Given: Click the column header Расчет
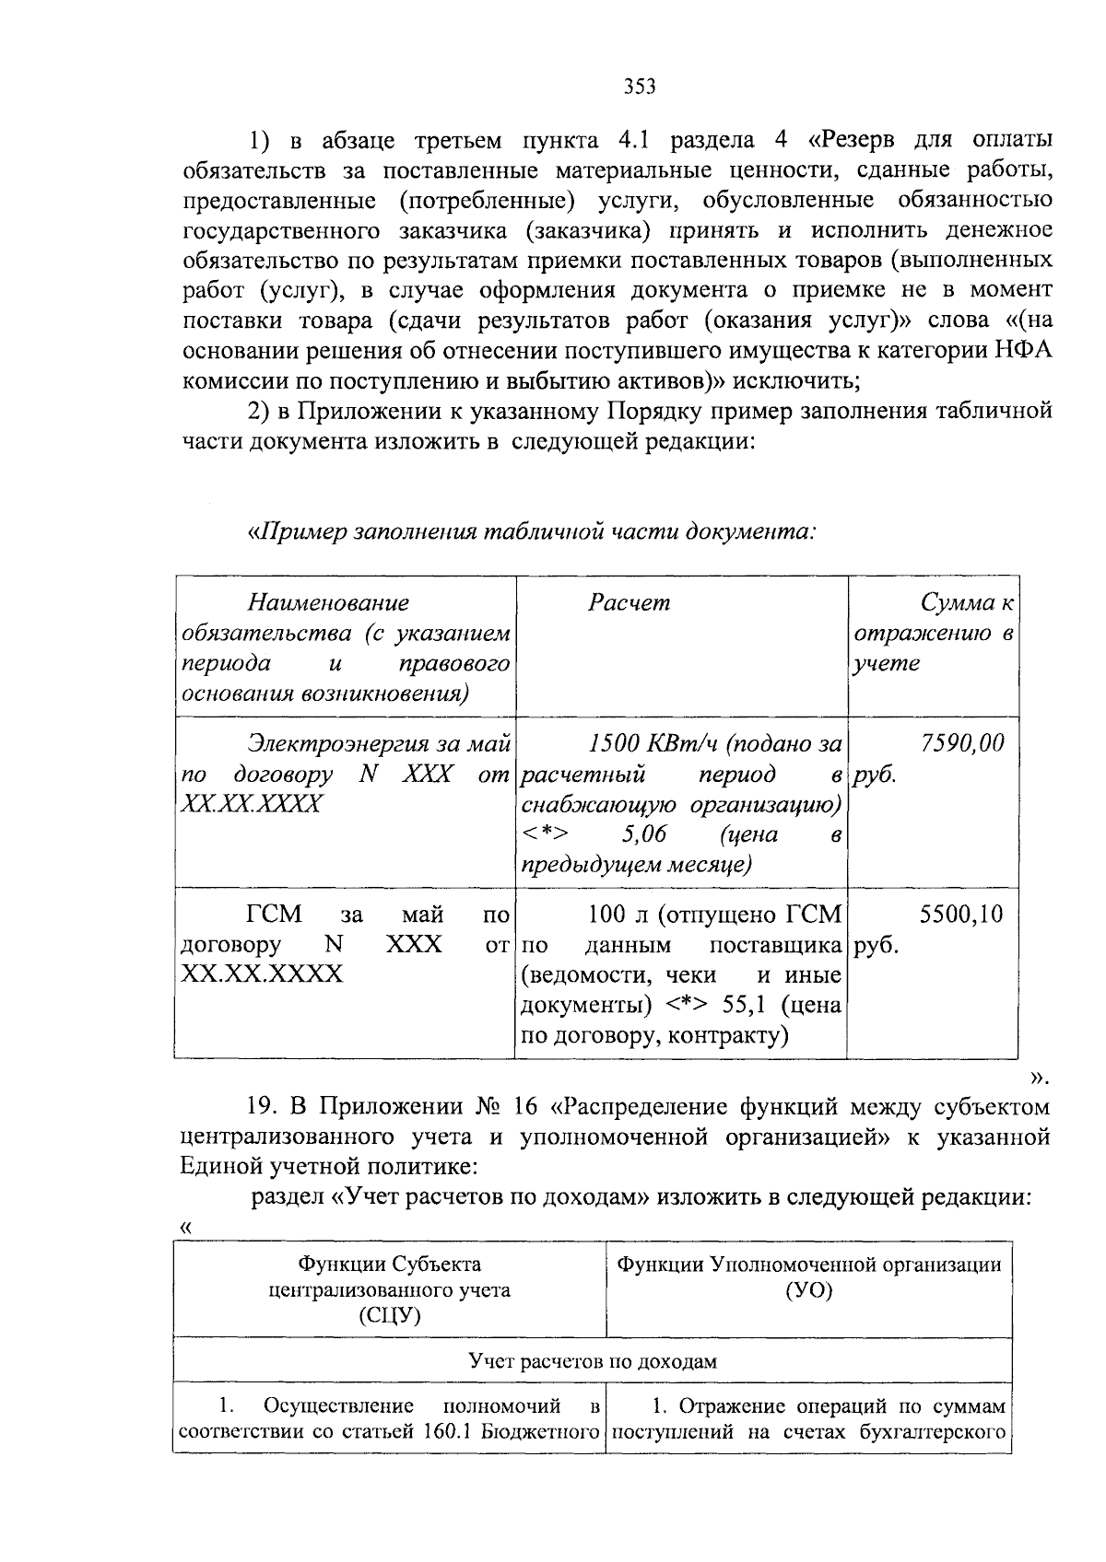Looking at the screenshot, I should (629, 603).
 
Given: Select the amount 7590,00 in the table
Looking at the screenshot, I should (962, 743).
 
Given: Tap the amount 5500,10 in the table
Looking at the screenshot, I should (961, 915).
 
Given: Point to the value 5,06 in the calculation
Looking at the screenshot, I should (644, 834).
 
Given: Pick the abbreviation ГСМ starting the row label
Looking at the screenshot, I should (275, 915).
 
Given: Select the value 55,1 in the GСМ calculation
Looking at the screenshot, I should (745, 1005).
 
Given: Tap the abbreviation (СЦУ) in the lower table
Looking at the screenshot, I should (390, 1315).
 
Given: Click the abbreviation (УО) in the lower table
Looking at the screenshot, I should (808, 1290).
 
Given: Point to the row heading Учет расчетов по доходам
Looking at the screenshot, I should (592, 1361).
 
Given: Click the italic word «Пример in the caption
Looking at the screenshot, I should (298, 532).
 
